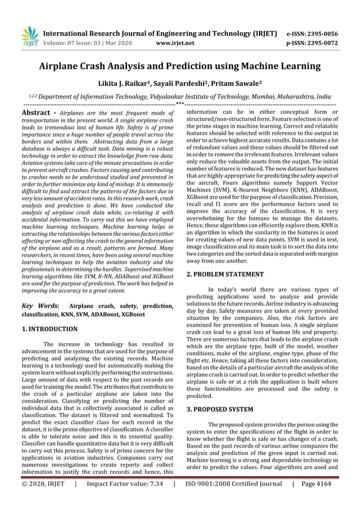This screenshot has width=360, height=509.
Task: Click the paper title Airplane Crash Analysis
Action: (180, 66)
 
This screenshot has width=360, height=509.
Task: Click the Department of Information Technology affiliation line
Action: (180, 96)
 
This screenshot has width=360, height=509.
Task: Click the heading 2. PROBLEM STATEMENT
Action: (225, 274)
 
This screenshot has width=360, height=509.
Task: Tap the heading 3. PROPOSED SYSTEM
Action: (220, 408)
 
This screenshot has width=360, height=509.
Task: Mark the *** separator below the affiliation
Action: (179, 104)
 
